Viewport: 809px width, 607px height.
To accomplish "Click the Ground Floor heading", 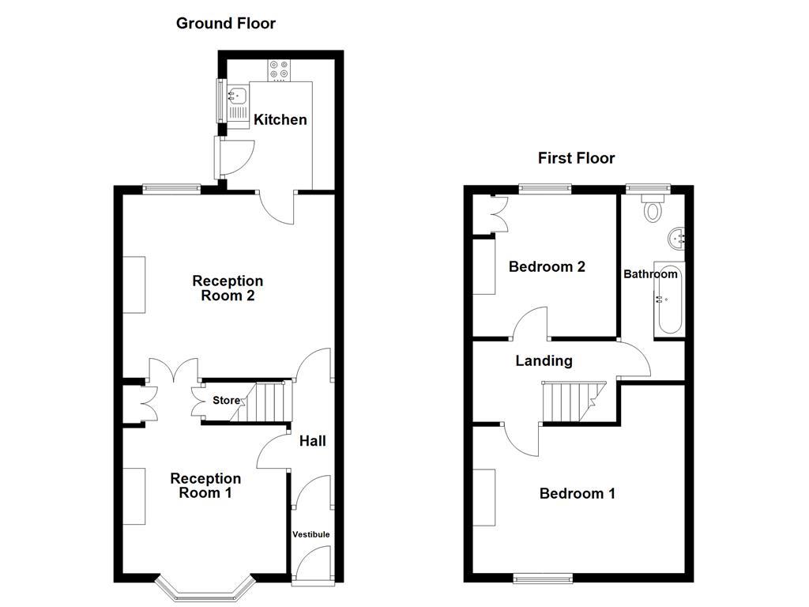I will point(225,23).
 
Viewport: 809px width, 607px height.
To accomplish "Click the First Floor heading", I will point(576,158).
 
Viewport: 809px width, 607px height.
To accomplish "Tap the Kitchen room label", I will point(280,119).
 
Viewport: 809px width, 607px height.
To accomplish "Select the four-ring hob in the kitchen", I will point(279,70).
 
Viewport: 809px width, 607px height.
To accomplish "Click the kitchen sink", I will point(237,97).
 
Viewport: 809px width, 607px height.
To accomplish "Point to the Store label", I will point(226,401).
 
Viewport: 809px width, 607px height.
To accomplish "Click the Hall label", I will point(312,441).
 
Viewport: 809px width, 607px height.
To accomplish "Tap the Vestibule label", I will point(311,534).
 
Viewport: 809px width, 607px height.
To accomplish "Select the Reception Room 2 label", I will point(228,288).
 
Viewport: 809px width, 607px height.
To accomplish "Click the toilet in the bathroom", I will point(653,209).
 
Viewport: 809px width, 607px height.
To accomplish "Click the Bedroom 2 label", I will point(547,266).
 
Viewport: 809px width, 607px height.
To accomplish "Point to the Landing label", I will point(544,361).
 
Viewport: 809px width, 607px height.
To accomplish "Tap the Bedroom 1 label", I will point(577,494).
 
